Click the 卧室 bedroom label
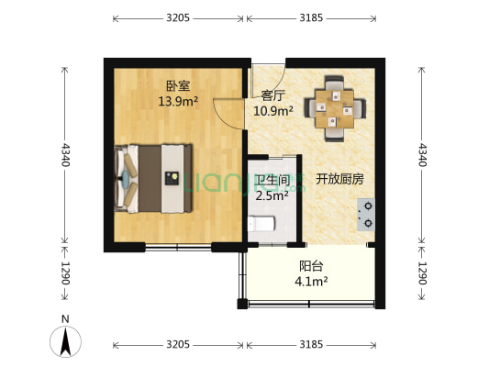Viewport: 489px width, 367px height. click(178, 86)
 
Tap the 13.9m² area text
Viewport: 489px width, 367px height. click(178, 101)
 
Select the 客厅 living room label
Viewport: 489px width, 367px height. click(272, 95)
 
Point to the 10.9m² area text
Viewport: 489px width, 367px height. click(272, 110)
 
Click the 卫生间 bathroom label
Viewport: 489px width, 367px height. click(273, 180)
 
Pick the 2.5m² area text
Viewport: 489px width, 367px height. click(272, 195)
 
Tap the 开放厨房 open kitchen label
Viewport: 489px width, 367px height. click(339, 179)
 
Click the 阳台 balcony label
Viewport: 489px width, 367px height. click(310, 266)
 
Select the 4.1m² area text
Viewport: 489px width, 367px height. click(312, 281)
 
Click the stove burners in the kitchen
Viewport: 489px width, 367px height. click(368, 213)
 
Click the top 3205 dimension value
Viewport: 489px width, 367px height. click(178, 17)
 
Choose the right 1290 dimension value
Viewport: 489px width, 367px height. click(422, 274)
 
